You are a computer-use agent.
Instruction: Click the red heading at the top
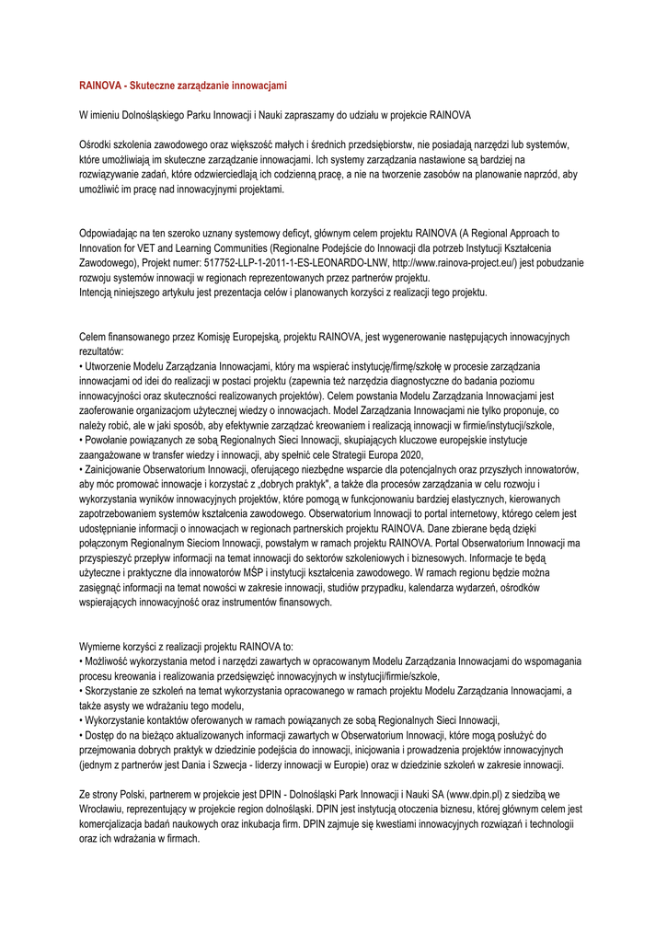(183, 86)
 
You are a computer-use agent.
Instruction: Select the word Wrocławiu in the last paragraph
(107, 810)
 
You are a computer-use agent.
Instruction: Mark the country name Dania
(210, 765)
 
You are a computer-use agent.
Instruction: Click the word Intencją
(99, 292)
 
